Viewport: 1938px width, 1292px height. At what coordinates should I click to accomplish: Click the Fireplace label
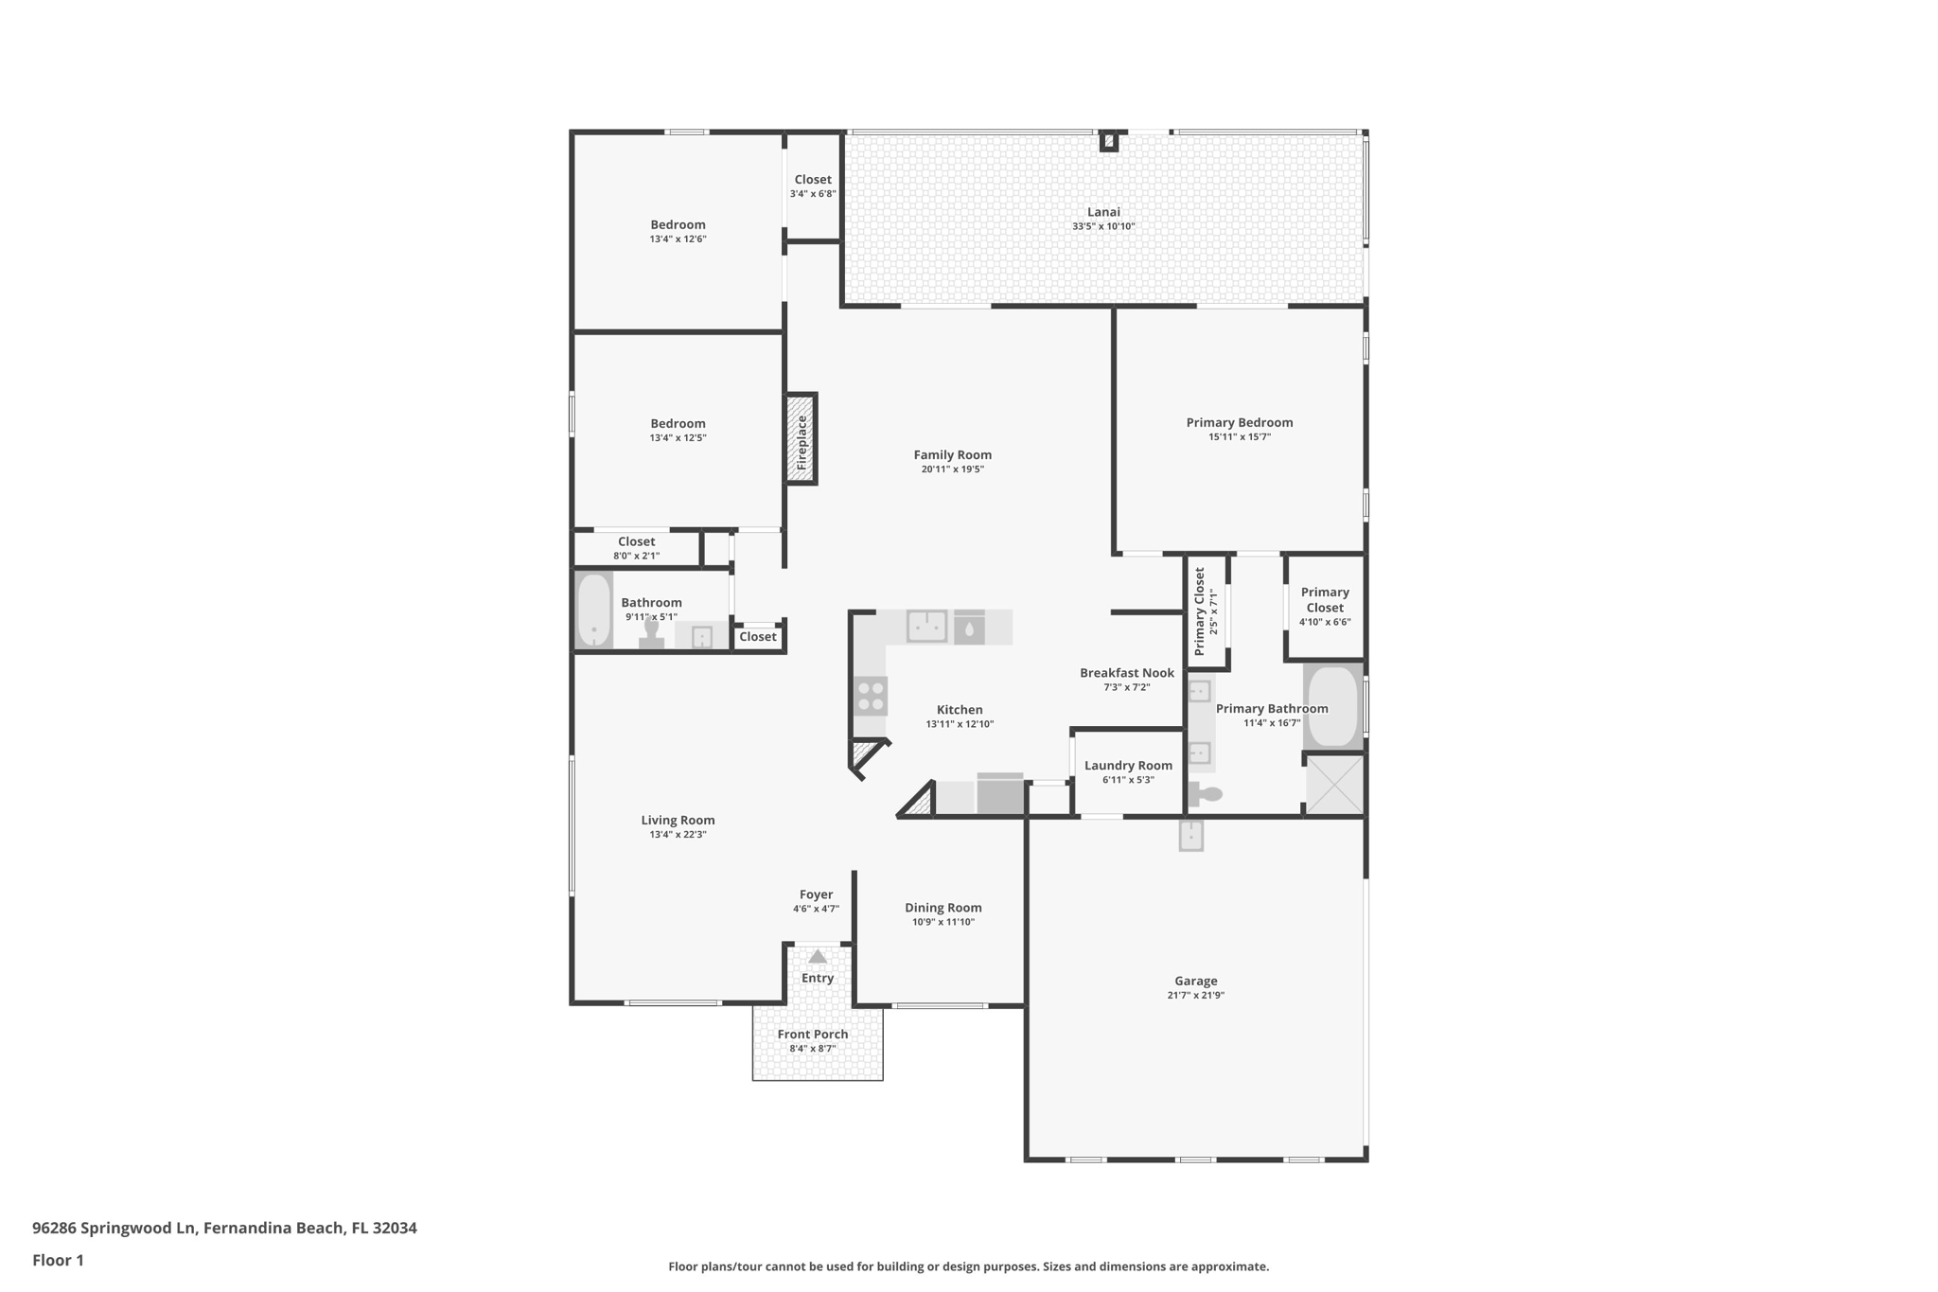coord(802,441)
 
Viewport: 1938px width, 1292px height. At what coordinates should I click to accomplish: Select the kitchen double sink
coord(927,626)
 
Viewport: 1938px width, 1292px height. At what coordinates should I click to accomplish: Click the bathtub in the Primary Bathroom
coord(1333,706)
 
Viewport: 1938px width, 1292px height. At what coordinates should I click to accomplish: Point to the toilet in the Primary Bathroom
coord(1206,794)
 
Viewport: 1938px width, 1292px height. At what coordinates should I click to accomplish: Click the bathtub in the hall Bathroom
coord(594,610)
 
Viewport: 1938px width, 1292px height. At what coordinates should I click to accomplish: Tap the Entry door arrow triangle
coord(818,957)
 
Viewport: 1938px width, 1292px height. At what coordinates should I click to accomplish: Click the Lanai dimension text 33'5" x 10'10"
coord(1103,227)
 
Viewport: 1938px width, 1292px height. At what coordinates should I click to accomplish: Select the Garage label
coord(1195,981)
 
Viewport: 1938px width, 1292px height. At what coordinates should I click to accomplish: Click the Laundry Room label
coord(1128,766)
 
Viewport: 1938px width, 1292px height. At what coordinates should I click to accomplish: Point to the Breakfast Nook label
coord(1126,673)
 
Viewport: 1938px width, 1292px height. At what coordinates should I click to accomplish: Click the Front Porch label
coord(813,1034)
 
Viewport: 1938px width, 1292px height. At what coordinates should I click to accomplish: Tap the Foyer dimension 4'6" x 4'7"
coord(816,909)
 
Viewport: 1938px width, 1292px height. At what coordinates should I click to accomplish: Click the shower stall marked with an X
coord(1334,784)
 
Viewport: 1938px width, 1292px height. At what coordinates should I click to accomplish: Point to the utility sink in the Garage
coord(1190,835)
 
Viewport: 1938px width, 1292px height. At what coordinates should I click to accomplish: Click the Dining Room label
coord(943,907)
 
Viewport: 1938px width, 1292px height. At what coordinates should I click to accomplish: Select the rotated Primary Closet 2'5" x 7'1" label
coord(1200,611)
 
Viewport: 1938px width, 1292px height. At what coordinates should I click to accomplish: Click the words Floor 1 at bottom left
coord(58,1260)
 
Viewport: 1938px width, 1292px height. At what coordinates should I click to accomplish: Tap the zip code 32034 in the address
coord(395,1228)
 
